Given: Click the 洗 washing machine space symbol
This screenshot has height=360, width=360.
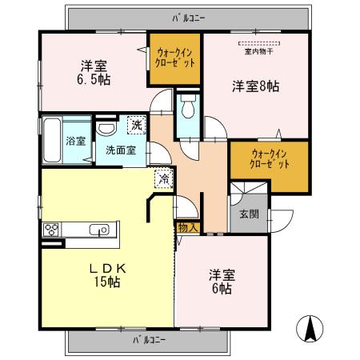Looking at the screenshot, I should coord(137,125).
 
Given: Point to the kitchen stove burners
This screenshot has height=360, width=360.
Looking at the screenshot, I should coord(53,230).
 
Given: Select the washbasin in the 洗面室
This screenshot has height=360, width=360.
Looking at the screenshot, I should coord(105,130).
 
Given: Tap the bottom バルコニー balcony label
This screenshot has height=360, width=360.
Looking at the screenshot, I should coord(146,340).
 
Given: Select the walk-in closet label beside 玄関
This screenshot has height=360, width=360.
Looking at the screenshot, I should coord(269,157).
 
